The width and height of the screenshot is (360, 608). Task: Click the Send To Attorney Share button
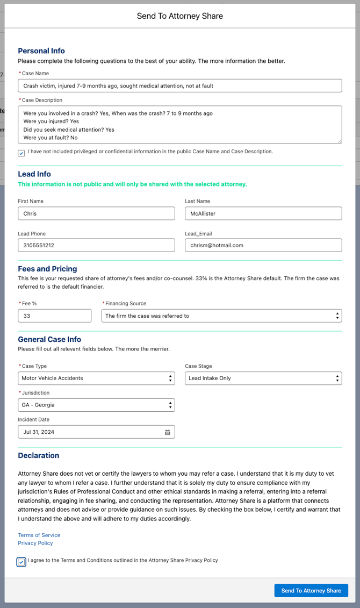coord(311,590)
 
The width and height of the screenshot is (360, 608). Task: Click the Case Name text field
coord(179,85)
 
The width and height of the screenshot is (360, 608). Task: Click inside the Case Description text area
coord(179,124)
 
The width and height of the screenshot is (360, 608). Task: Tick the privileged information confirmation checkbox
coord(21,153)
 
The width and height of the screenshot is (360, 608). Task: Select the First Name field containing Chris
coord(96,213)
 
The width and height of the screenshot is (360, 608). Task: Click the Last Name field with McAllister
coord(263,213)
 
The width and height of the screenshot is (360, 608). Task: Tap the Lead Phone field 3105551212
coord(96,245)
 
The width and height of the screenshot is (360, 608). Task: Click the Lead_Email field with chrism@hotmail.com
coord(263,245)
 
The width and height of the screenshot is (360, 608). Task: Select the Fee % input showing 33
coord(55,316)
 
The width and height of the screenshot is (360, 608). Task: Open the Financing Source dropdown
coord(221,316)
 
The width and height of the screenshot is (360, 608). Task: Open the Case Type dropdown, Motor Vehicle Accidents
coord(96,378)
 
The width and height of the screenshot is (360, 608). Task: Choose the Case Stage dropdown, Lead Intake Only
coord(263,378)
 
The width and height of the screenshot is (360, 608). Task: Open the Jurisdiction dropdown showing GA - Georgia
coord(96,405)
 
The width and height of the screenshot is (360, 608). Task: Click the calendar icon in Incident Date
coord(168,432)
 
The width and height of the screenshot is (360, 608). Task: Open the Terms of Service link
coord(39,535)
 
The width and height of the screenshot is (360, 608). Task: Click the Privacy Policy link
coord(35,543)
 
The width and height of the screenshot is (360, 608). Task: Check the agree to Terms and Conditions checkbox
coord(21,562)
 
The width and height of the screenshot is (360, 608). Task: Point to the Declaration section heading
coord(39,455)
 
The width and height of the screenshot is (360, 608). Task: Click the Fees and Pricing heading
coord(47,269)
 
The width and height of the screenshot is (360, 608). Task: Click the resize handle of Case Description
coord(339,141)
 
